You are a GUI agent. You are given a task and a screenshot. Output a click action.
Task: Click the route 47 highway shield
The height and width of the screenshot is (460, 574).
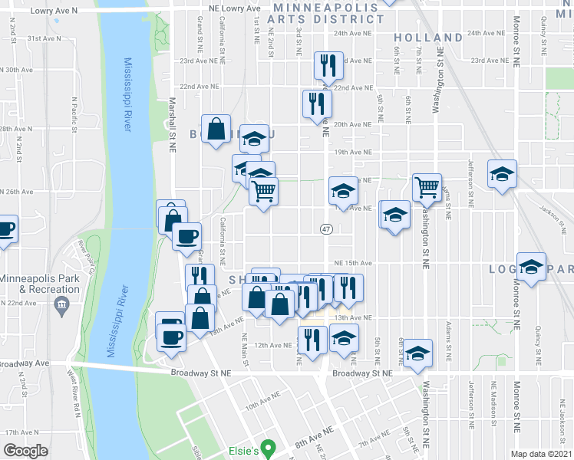(x=326, y=229)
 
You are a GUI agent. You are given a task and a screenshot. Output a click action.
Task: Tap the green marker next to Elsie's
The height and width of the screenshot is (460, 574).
(x=268, y=446)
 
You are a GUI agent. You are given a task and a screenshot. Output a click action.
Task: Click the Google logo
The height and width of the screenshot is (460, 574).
(x=26, y=451)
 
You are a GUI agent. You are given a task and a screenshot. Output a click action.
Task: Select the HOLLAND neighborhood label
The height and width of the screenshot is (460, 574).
(x=428, y=38)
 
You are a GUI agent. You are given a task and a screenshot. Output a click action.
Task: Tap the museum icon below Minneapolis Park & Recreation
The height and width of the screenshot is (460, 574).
(x=61, y=307)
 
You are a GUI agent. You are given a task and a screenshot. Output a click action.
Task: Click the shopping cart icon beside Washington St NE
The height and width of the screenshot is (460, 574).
(x=426, y=186)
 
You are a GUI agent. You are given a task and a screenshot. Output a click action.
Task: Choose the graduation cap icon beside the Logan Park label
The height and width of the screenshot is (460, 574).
(x=531, y=267)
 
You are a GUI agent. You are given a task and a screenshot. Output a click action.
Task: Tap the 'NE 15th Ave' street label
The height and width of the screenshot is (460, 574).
(x=355, y=262)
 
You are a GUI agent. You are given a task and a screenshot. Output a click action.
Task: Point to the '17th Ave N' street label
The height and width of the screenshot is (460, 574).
(x=21, y=432)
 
